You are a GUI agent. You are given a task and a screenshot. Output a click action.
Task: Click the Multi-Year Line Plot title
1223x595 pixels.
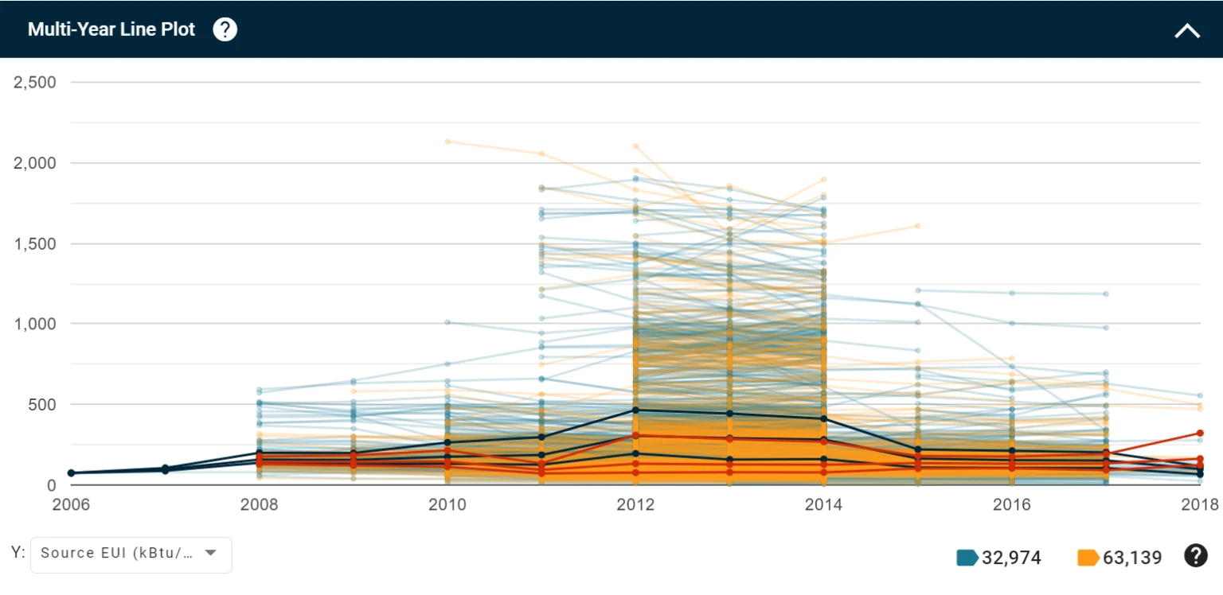111,30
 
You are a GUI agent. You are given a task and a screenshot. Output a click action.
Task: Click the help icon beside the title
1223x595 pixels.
225,30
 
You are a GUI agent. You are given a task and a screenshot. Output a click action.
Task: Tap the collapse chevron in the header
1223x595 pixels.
1186,31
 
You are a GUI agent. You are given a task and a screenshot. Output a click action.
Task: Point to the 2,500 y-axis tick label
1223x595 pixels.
34,83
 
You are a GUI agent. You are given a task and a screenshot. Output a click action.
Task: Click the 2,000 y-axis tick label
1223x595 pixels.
34,163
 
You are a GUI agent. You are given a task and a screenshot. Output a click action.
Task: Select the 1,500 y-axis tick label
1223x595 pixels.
34,243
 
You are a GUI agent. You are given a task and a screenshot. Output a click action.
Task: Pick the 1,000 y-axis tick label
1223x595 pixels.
34,324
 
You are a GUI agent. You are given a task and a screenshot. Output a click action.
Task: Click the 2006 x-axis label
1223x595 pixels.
72,504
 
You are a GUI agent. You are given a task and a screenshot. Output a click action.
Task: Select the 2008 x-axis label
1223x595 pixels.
260,504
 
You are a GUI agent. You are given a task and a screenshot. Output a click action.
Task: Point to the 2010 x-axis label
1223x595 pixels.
447,504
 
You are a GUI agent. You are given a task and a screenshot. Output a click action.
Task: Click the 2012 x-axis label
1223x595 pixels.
635,504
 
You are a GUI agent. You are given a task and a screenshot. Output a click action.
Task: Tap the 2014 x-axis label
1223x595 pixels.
823,504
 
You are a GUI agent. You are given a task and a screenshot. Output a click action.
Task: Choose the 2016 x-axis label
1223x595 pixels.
1012,504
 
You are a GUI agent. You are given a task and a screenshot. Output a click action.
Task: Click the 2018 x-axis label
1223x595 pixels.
1199,504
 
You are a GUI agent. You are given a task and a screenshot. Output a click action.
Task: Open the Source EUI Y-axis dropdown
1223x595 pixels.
131,554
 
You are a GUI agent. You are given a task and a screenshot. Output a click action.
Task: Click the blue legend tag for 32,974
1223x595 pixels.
967,558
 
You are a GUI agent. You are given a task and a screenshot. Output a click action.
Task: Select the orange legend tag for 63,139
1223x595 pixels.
1088,558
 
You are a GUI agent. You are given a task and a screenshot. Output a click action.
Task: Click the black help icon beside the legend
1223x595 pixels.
1196,556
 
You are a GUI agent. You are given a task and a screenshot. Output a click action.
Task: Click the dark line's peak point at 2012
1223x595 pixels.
635,410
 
